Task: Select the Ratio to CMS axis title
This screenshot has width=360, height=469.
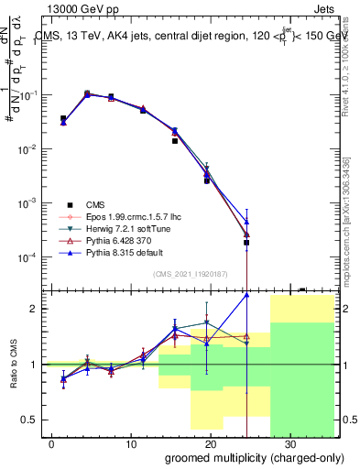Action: pos(13,364)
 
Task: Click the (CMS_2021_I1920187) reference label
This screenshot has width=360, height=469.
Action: pos(190,273)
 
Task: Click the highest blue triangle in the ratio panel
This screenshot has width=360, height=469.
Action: pos(247,295)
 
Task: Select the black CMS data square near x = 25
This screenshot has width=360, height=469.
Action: pos(247,243)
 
